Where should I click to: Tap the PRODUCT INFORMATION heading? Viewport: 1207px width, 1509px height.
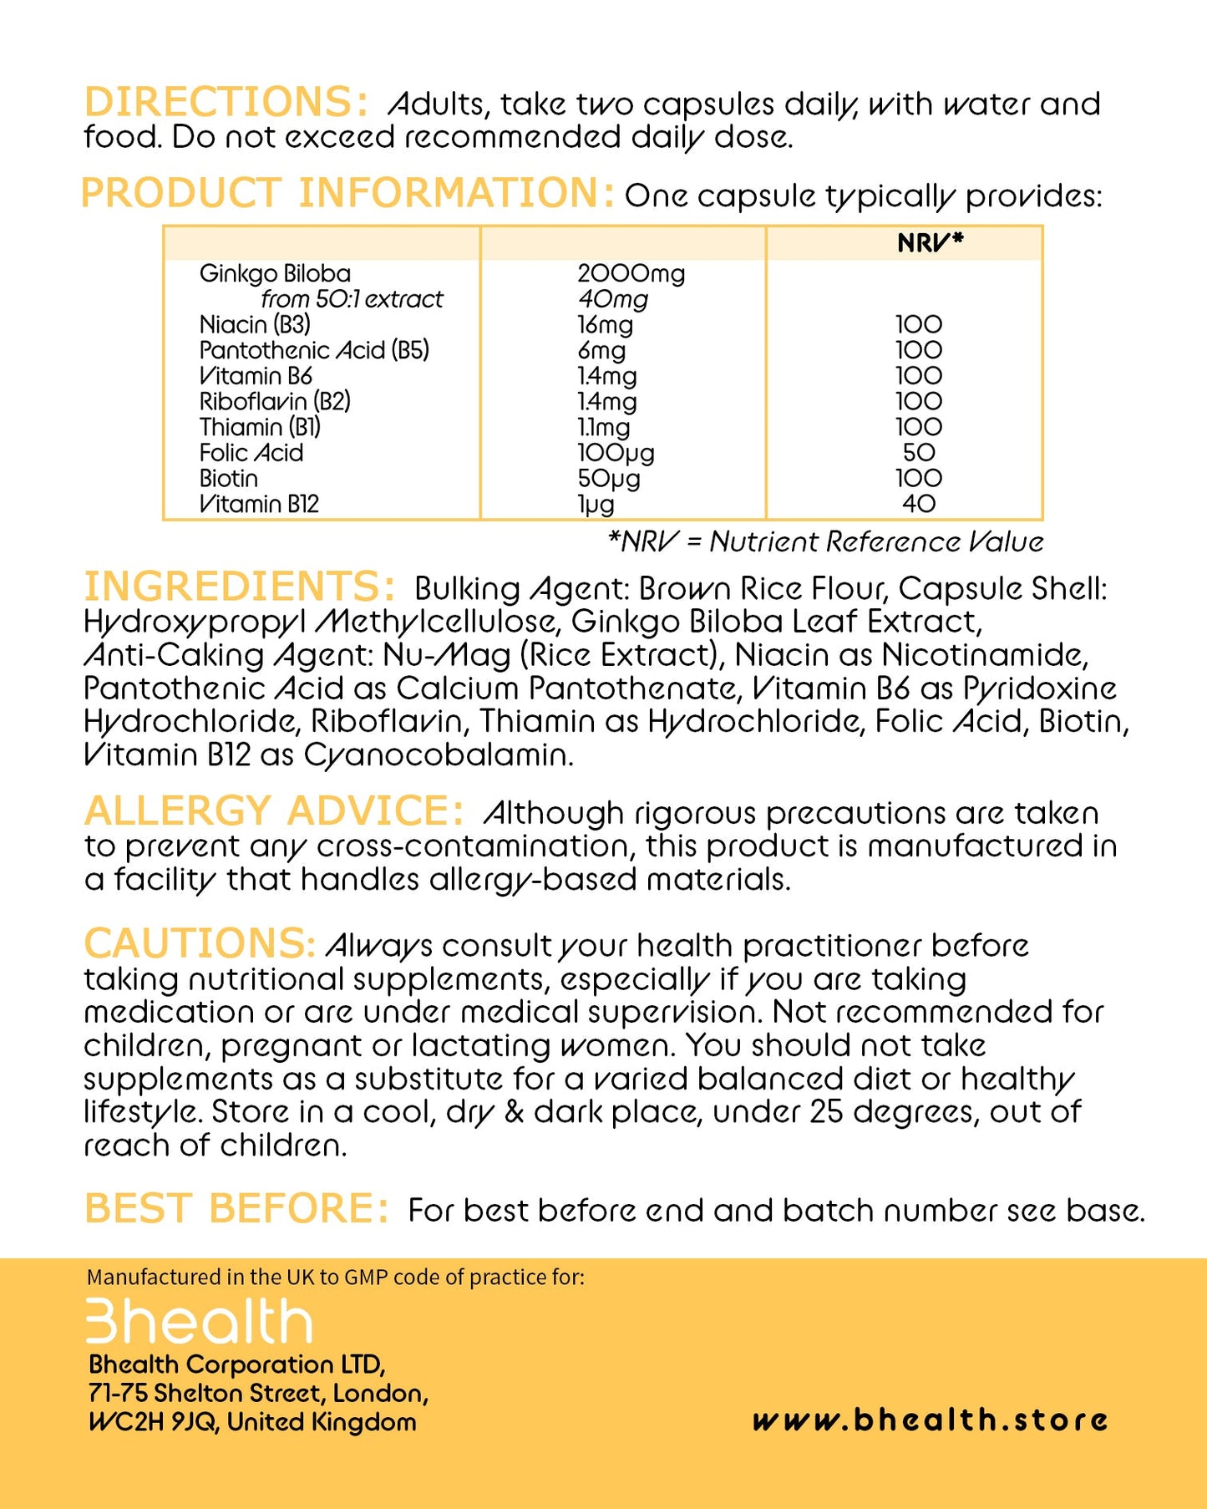click(x=347, y=193)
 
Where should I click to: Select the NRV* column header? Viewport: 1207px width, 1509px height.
click(x=930, y=242)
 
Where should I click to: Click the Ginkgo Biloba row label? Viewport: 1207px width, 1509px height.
click(x=275, y=273)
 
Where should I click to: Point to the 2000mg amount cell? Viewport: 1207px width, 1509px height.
click(x=631, y=273)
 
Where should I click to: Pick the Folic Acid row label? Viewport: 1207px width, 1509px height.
click(x=251, y=453)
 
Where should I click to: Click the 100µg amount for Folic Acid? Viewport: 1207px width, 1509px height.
click(x=616, y=453)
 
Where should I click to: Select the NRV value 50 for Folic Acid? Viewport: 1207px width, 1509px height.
click(x=919, y=453)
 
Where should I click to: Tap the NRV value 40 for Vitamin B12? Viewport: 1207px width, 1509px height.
click(x=919, y=504)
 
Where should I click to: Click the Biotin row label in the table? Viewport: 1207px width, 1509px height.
click(x=228, y=479)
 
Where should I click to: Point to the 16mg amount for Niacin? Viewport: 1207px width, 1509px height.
click(x=605, y=324)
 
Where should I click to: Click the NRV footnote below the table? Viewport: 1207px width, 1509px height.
click(x=825, y=541)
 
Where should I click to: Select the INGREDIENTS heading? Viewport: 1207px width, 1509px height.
click(x=239, y=587)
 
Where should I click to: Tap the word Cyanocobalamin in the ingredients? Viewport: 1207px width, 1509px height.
click(x=439, y=754)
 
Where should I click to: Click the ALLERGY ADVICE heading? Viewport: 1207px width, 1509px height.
click(x=274, y=810)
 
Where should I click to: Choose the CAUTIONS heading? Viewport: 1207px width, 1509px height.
click(x=199, y=943)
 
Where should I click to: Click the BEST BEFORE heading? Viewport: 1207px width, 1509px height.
click(x=236, y=1208)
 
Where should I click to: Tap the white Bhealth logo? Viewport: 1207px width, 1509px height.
click(x=199, y=1321)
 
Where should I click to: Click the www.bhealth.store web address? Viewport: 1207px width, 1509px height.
click(x=930, y=1420)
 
